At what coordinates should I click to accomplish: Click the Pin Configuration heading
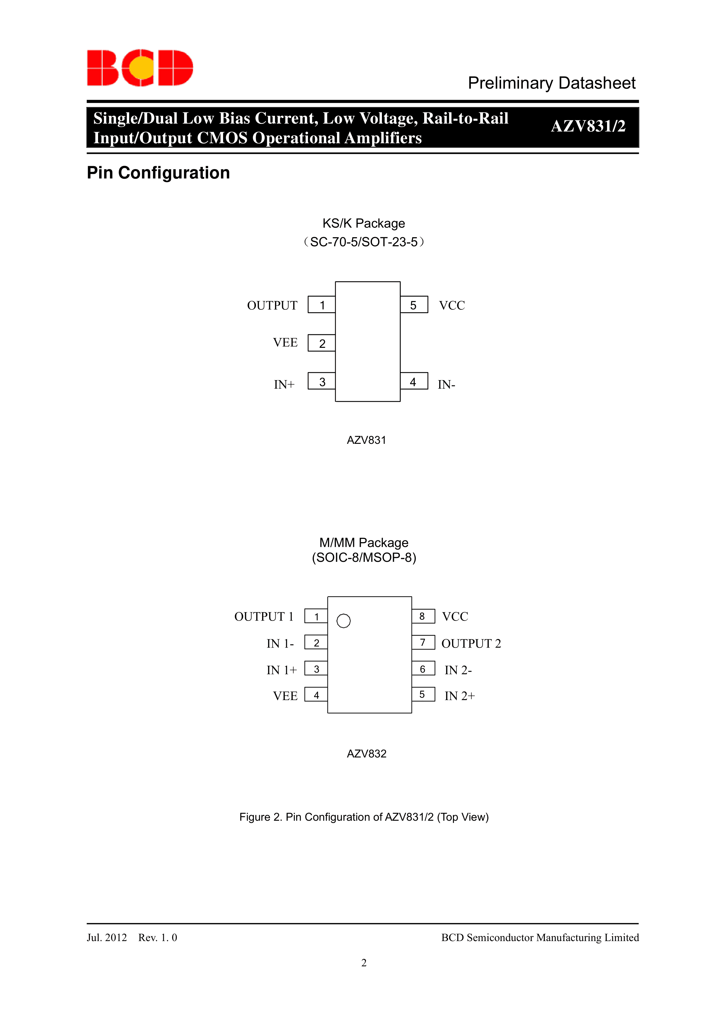pyautogui.click(x=158, y=173)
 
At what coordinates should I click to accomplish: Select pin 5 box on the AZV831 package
pyautogui.click(x=414, y=305)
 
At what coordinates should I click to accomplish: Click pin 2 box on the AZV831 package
pyautogui.click(x=322, y=343)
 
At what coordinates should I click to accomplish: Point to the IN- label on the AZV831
pyautogui.click(x=446, y=385)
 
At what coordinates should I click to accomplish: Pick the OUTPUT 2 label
pyautogui.click(x=471, y=643)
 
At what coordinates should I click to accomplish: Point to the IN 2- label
pyautogui.click(x=458, y=670)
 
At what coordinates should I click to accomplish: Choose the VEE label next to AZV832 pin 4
pyautogui.click(x=285, y=696)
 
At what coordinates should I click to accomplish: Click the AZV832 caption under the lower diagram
pyautogui.click(x=366, y=754)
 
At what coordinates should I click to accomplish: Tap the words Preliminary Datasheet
pyautogui.click(x=551, y=83)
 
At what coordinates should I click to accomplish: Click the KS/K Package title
pyautogui.click(x=363, y=223)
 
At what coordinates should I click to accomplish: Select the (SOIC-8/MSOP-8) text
pyautogui.click(x=364, y=558)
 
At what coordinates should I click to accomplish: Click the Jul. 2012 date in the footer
pyautogui.click(x=107, y=938)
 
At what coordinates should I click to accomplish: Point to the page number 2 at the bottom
pyautogui.click(x=364, y=963)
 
